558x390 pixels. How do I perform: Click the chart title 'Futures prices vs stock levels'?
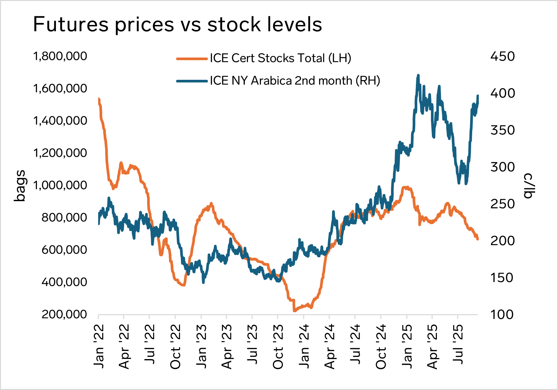click(177, 24)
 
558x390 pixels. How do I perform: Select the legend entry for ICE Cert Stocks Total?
click(280, 58)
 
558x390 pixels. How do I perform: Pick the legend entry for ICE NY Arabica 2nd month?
click(294, 81)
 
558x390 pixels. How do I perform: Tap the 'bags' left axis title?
click(20, 186)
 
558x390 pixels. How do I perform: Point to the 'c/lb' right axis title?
click(528, 186)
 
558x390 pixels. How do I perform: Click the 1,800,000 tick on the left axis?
click(60, 56)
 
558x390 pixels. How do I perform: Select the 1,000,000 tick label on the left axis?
click(60, 185)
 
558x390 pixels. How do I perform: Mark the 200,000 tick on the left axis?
click(64, 314)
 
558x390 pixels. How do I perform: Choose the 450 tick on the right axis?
click(502, 56)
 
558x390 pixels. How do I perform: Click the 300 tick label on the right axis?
click(502, 167)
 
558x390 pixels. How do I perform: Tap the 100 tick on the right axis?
click(502, 314)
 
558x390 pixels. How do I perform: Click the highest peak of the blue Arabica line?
click(418, 75)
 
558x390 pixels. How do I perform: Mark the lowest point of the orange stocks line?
click(294, 311)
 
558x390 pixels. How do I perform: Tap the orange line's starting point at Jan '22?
click(98, 99)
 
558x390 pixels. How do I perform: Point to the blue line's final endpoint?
click(478, 96)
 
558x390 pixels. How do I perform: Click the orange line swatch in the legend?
click(192, 59)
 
